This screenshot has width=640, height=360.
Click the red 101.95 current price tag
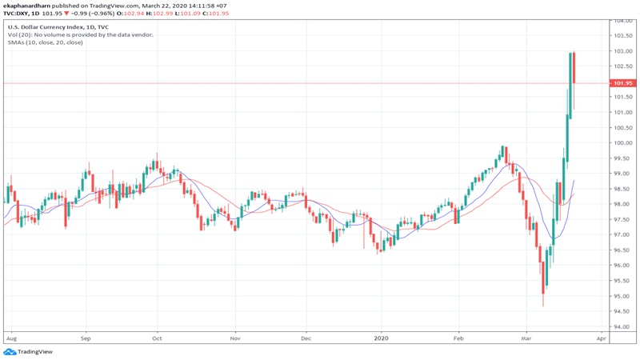pyautogui.click(x=622, y=83)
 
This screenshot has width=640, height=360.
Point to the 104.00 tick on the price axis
pyautogui.click(x=622, y=21)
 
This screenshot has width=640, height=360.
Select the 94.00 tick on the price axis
pyautogui.click(x=622, y=327)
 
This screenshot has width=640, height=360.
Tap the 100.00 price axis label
pyautogui.click(x=622, y=143)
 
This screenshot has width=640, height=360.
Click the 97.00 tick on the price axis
pyautogui.click(x=622, y=235)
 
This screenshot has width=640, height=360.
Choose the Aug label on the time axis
pyautogui.click(x=11, y=338)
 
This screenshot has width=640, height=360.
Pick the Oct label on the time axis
pyautogui.click(x=157, y=338)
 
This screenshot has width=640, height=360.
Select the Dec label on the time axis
pyautogui.click(x=306, y=338)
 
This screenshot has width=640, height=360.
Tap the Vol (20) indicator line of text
pyautogui.click(x=80, y=34)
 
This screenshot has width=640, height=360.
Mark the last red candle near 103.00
pyautogui.click(x=574, y=68)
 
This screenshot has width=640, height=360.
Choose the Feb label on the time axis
pyautogui.click(x=459, y=338)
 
